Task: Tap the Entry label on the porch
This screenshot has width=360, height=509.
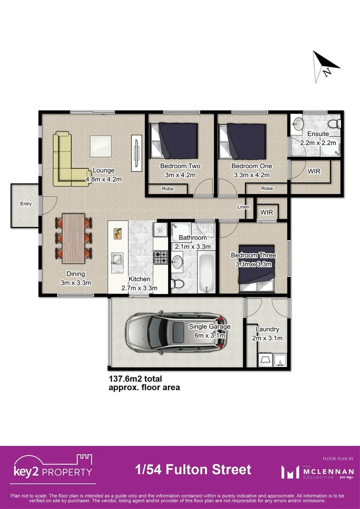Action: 25,204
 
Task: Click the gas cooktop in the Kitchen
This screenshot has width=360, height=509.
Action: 160,257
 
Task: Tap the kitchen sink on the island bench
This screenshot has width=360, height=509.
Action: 116,259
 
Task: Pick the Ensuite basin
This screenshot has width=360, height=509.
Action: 298,124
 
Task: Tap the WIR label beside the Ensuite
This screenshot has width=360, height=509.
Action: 314,171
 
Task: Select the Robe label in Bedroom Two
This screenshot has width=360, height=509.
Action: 167,189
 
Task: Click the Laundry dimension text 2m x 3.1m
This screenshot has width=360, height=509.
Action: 267,338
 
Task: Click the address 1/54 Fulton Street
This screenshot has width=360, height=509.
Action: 193,469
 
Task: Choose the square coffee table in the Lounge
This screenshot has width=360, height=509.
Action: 101,145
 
